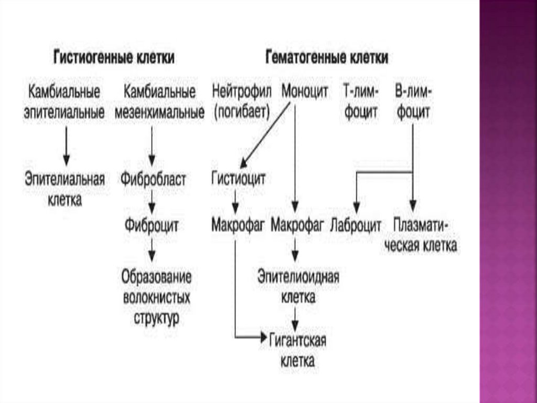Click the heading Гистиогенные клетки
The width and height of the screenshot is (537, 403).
click(114, 58)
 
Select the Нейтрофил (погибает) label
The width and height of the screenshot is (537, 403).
click(241, 101)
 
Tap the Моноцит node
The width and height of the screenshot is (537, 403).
click(305, 91)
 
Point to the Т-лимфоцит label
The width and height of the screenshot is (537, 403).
click(360, 101)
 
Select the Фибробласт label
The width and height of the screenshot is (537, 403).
click(153, 179)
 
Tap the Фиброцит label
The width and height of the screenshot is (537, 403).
click(152, 226)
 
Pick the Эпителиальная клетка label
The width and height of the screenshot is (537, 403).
click(65, 189)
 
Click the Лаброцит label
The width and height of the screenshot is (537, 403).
click(356, 226)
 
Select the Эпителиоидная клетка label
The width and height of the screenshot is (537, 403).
click(298, 287)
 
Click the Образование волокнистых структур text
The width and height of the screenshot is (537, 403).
click(156, 297)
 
